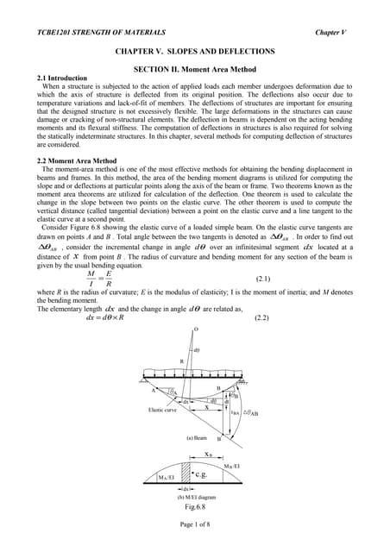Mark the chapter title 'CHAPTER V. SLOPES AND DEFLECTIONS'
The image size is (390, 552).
pyautogui.click(x=195, y=52)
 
